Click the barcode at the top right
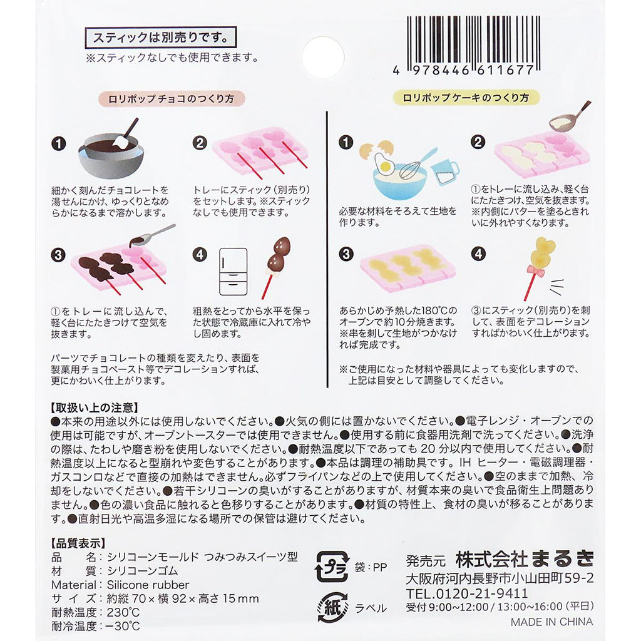coord(473,45)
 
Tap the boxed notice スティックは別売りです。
coord(161,38)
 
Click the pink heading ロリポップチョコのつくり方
coord(172,98)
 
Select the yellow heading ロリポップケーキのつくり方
coord(466,98)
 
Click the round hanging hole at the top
coord(323,58)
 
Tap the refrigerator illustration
coord(233,272)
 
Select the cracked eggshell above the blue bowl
coord(376,149)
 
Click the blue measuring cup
coord(446,172)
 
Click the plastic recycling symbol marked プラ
coord(332,567)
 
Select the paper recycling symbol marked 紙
coord(332,608)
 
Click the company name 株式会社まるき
coord(525,559)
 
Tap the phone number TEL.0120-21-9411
coord(467,593)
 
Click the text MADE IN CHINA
coord(551,622)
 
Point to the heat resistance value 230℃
coord(123,612)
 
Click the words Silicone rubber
coord(148,585)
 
